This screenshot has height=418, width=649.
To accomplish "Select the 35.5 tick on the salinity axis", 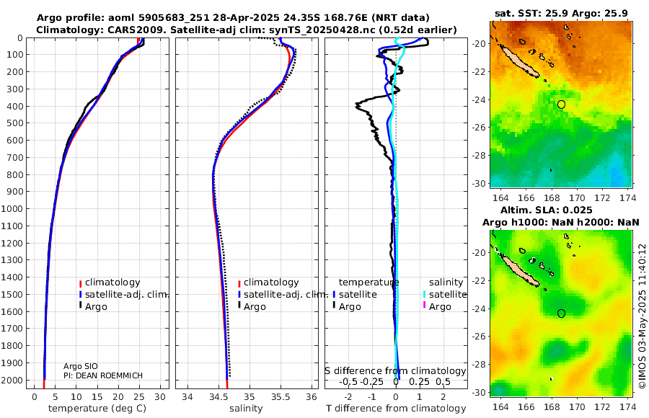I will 281,396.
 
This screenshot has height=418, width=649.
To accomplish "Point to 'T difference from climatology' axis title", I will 396,409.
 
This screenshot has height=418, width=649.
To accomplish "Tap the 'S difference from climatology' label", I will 395,370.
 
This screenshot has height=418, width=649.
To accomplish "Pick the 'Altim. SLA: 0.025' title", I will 562,209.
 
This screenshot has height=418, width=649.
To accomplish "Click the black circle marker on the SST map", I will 561,104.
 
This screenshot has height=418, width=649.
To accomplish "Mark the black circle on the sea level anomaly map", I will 561,313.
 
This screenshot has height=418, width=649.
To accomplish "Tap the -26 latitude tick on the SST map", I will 479,128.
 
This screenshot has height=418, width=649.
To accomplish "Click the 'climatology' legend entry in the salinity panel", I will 270,283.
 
